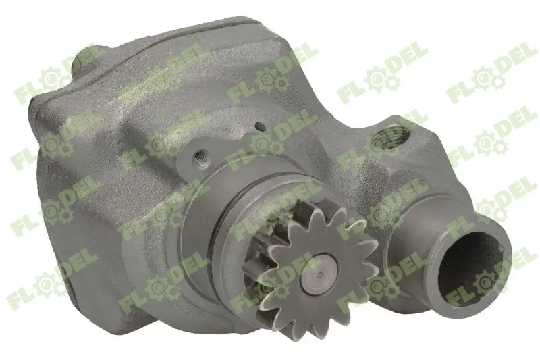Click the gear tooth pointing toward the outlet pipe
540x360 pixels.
point(368,260)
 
